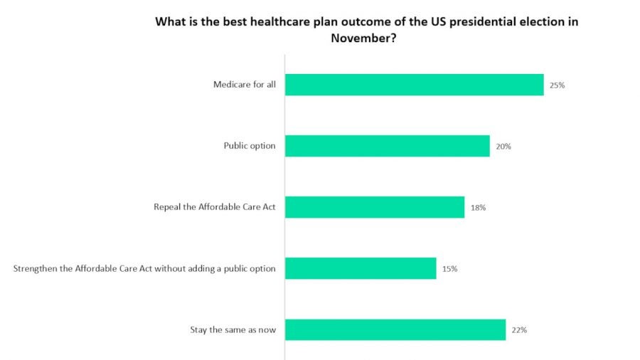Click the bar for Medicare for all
(414, 85)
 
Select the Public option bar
(387, 146)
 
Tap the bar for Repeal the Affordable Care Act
(374, 207)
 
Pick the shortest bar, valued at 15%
(361, 268)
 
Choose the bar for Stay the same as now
(395, 329)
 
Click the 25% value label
(557, 85)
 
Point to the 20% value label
(503, 147)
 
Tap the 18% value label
(477, 208)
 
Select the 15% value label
(449, 269)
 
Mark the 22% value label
(518, 330)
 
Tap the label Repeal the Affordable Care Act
(214, 208)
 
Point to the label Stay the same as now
(233, 330)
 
